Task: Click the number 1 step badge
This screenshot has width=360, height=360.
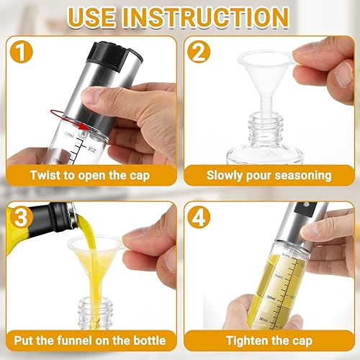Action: [22, 52]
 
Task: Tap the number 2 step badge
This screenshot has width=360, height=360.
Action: [199, 52]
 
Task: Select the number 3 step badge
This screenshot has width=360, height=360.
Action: [22, 217]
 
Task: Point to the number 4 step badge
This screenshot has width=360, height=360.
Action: [199, 217]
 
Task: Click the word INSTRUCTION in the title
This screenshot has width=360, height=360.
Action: [206, 18]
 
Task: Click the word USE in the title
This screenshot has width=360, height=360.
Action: [91, 18]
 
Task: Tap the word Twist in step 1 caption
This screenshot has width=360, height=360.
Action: [45, 175]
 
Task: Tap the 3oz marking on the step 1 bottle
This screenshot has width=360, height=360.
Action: [91, 149]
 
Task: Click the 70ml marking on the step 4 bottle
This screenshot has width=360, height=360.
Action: [279, 276]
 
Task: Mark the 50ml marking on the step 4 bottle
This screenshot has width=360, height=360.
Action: [271, 298]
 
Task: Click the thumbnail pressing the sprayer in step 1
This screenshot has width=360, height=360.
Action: [91, 95]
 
